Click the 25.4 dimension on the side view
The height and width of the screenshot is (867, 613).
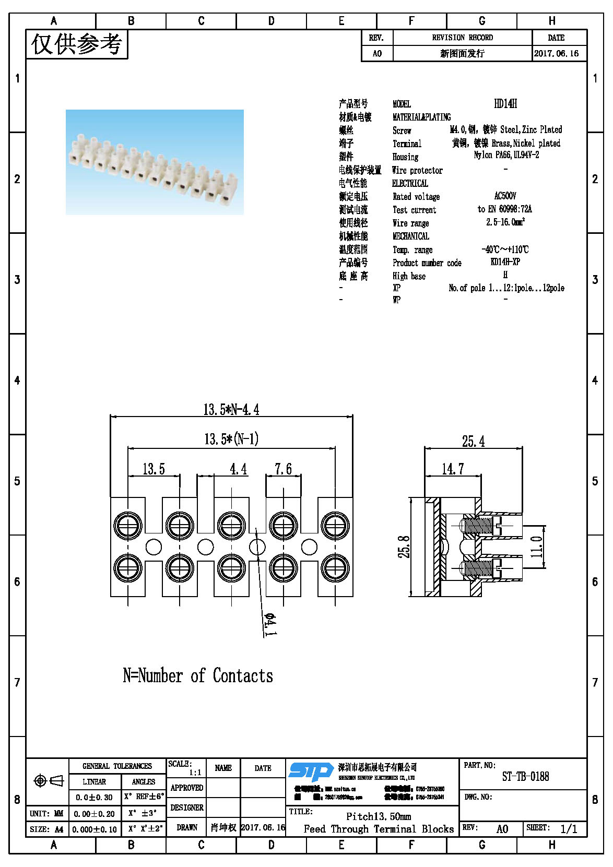click(x=473, y=442)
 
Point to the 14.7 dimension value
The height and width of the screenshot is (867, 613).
click(x=452, y=469)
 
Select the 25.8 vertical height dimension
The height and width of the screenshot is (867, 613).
click(x=404, y=547)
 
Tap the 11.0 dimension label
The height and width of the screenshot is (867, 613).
click(x=536, y=547)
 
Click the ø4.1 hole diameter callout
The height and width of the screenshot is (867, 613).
click(x=270, y=624)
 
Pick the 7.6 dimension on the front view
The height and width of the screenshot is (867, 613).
click(x=283, y=469)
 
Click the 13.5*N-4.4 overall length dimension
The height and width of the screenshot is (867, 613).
click(x=231, y=409)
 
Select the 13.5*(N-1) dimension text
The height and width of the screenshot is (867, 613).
click(x=231, y=439)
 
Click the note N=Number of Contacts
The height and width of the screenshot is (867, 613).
click(x=198, y=675)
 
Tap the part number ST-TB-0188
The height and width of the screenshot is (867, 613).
click(x=525, y=777)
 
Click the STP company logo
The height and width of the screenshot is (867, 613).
click(x=311, y=771)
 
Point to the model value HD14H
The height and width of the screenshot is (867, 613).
click(x=505, y=104)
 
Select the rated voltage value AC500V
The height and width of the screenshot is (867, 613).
click(x=505, y=196)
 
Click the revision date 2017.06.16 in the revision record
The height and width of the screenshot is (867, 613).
click(x=556, y=53)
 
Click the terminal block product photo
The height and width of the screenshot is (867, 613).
click(x=155, y=162)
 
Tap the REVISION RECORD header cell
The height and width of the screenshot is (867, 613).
click(x=462, y=38)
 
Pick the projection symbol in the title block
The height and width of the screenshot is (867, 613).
click(x=48, y=781)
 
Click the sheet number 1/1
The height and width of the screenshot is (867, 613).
click(x=569, y=829)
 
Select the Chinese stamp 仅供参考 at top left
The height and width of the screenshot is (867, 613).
click(x=77, y=44)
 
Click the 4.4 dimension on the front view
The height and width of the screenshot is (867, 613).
click(x=238, y=469)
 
